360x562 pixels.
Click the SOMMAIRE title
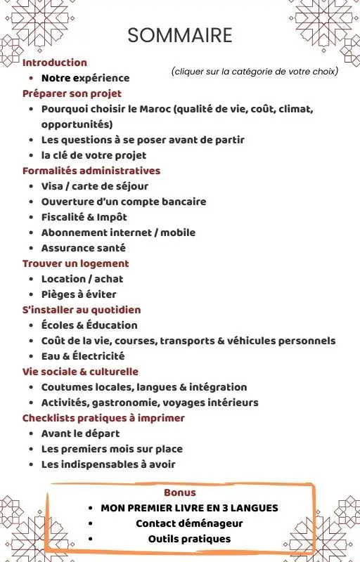tap(180, 35)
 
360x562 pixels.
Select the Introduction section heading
tap(55, 63)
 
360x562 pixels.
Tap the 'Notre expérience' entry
tap(85, 78)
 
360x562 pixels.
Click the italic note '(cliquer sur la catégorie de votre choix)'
tap(255, 72)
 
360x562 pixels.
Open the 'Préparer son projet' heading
tap(72, 93)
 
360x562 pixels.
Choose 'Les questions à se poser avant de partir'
tap(143, 140)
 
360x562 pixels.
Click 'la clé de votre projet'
tap(94, 155)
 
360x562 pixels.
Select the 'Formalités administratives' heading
tap(91, 171)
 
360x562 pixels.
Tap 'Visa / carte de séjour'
tap(95, 186)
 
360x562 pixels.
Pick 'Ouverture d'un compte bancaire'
tap(124, 202)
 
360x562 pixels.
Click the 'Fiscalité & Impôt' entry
tap(84, 217)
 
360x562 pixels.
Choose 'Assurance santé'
tap(84, 248)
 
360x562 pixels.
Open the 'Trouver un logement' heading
tap(76, 263)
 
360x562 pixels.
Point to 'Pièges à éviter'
tap(79, 294)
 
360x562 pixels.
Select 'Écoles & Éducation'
tap(89, 325)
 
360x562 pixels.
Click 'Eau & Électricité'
tap(83, 356)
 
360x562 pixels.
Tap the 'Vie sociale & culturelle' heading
tap(80, 372)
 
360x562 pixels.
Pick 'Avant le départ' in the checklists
tap(80, 433)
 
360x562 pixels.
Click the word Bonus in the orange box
tap(180, 492)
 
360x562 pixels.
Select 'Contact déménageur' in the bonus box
tap(189, 523)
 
